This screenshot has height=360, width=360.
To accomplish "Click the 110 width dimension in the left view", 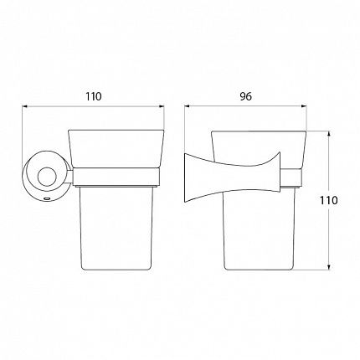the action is tap(94, 96).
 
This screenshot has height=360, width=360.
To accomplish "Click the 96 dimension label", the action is tap(245, 96).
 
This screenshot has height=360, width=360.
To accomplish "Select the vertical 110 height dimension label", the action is tap(328, 200).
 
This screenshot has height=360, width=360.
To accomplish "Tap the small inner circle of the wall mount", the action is tap(47, 177).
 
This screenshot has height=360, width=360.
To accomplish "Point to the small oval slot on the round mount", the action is tap(47, 199).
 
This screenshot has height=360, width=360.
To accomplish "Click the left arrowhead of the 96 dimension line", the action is tap(188, 106).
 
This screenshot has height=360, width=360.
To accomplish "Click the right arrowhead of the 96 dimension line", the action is tap(304, 106).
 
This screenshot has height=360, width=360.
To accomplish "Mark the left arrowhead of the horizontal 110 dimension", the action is tap(25, 106).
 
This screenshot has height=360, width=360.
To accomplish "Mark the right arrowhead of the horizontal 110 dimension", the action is tap(162, 106).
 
